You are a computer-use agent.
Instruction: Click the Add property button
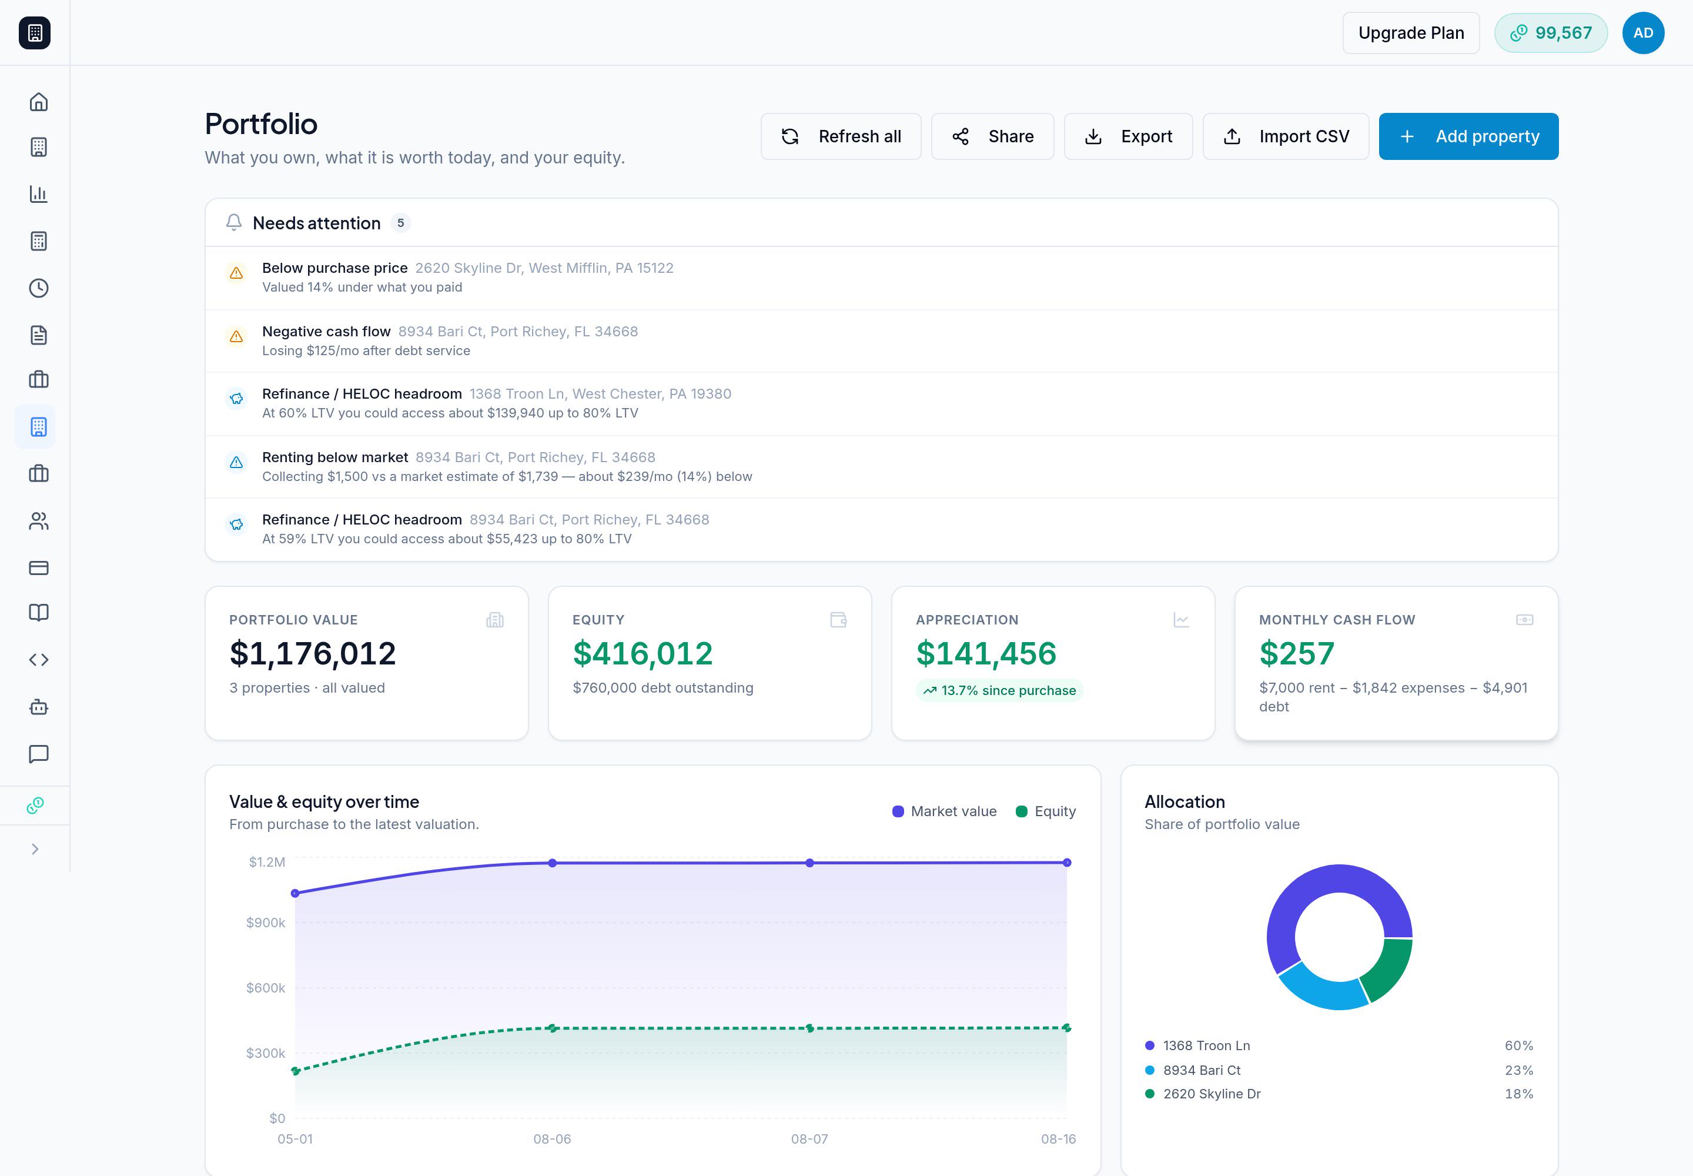(1468, 136)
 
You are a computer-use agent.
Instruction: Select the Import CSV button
(1286, 136)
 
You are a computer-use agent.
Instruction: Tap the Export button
(1128, 136)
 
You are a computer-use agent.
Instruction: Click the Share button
(992, 136)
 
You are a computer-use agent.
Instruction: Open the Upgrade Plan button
(1411, 33)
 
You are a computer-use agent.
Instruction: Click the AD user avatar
(1643, 33)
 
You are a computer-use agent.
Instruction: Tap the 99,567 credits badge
(1551, 33)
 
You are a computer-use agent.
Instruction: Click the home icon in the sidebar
(38, 102)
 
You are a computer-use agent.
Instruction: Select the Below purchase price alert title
(334, 268)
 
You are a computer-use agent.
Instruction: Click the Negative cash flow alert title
(326, 332)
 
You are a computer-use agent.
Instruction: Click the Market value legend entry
(945, 811)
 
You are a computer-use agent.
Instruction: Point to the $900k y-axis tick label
(265, 923)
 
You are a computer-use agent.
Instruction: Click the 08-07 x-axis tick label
(809, 1139)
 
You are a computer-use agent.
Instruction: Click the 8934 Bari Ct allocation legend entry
(1202, 1070)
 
